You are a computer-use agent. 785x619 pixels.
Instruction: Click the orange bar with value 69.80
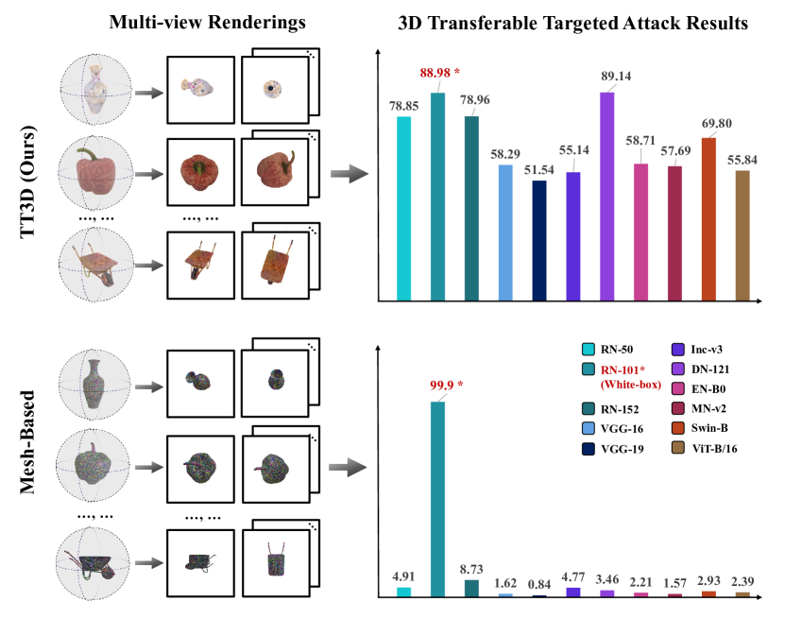point(708,219)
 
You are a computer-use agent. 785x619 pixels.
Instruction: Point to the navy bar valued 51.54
point(539,240)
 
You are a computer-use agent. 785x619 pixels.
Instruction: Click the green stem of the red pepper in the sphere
point(89,154)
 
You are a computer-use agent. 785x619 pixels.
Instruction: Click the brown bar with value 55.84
point(742,235)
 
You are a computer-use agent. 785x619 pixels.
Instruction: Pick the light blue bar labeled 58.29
point(504,232)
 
